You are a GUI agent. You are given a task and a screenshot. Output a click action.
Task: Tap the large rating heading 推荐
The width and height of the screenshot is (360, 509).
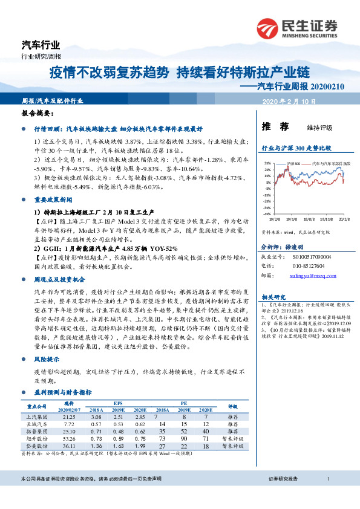pyautogui.click(x=272, y=128)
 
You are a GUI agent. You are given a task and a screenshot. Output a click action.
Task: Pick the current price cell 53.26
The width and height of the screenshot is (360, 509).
pyautogui.click(x=69, y=439)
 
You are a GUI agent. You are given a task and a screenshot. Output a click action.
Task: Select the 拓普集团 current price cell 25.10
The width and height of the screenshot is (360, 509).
pyautogui.click(x=69, y=432)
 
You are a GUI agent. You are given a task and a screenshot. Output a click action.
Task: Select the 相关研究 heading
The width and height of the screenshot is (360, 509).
pyautogui.click(x=272, y=297)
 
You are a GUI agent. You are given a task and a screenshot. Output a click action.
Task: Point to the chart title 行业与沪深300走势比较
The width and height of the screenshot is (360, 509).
pyautogui.click(x=296, y=148)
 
